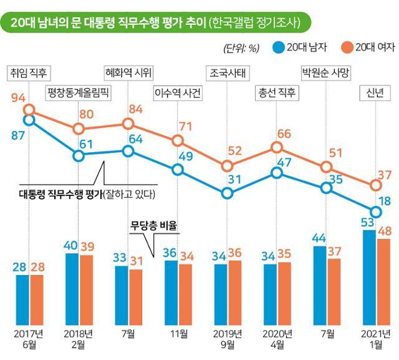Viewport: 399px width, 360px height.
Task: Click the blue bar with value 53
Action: click(369, 275)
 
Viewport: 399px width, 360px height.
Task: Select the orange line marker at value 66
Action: click(276, 147)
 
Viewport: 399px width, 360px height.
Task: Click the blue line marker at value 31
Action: click(228, 192)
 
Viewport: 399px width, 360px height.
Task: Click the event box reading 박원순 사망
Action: click(325, 72)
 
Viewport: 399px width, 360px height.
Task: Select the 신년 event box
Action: click(375, 94)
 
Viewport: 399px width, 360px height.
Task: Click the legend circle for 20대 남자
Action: click(278, 47)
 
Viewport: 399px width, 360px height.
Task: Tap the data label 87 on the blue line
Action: click(18, 135)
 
